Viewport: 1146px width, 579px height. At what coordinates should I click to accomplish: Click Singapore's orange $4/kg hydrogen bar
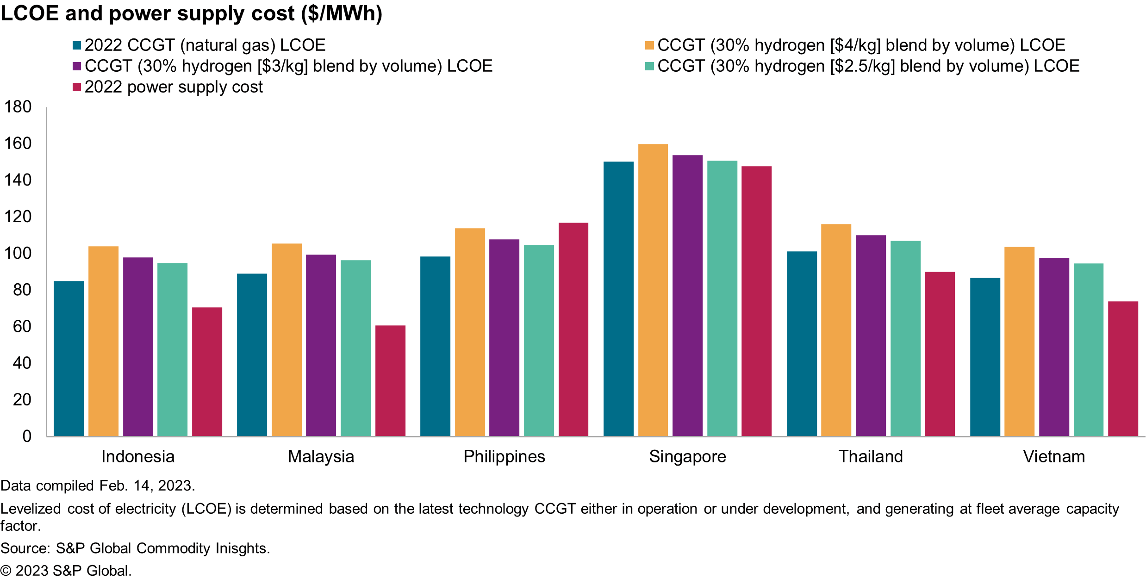click(653, 290)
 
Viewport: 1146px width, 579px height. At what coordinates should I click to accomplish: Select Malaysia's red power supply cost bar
click(390, 380)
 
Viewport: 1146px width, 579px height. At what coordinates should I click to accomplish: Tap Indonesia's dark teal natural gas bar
click(69, 358)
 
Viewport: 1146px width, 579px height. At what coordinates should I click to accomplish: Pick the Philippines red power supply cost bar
click(573, 329)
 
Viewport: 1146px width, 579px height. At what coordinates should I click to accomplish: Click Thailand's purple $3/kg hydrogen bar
click(871, 336)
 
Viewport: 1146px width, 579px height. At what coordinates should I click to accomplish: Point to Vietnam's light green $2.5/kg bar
click(1088, 349)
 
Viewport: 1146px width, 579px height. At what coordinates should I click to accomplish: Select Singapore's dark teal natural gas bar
click(618, 299)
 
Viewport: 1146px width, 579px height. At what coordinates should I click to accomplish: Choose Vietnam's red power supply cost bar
click(1123, 368)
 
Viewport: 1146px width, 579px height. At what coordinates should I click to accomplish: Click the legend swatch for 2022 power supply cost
click(77, 87)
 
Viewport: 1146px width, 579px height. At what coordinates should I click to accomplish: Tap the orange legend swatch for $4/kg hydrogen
click(649, 45)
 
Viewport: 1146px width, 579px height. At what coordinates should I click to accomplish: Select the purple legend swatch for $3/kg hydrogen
click(77, 66)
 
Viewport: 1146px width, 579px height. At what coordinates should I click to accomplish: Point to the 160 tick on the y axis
click(18, 143)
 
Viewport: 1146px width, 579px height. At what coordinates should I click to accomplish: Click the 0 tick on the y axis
click(27, 436)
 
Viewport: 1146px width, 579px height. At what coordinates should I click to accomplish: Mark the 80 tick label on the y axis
click(22, 290)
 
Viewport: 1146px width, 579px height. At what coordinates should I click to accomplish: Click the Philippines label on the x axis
click(504, 456)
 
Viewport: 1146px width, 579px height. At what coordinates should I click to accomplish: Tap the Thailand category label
click(871, 456)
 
